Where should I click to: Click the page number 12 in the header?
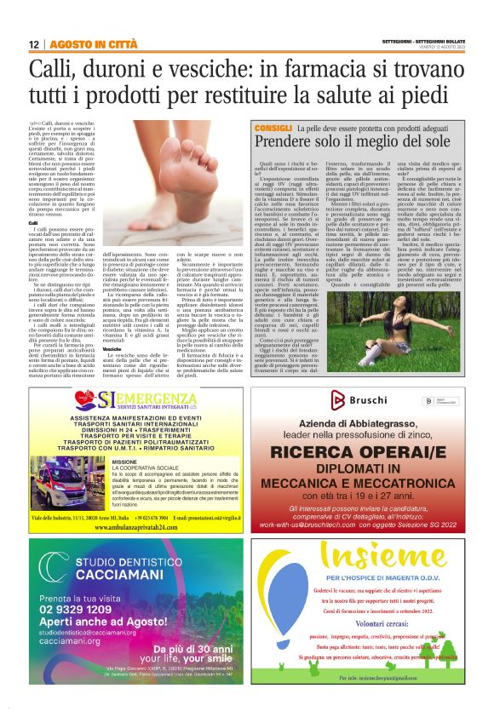tap(34, 44)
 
